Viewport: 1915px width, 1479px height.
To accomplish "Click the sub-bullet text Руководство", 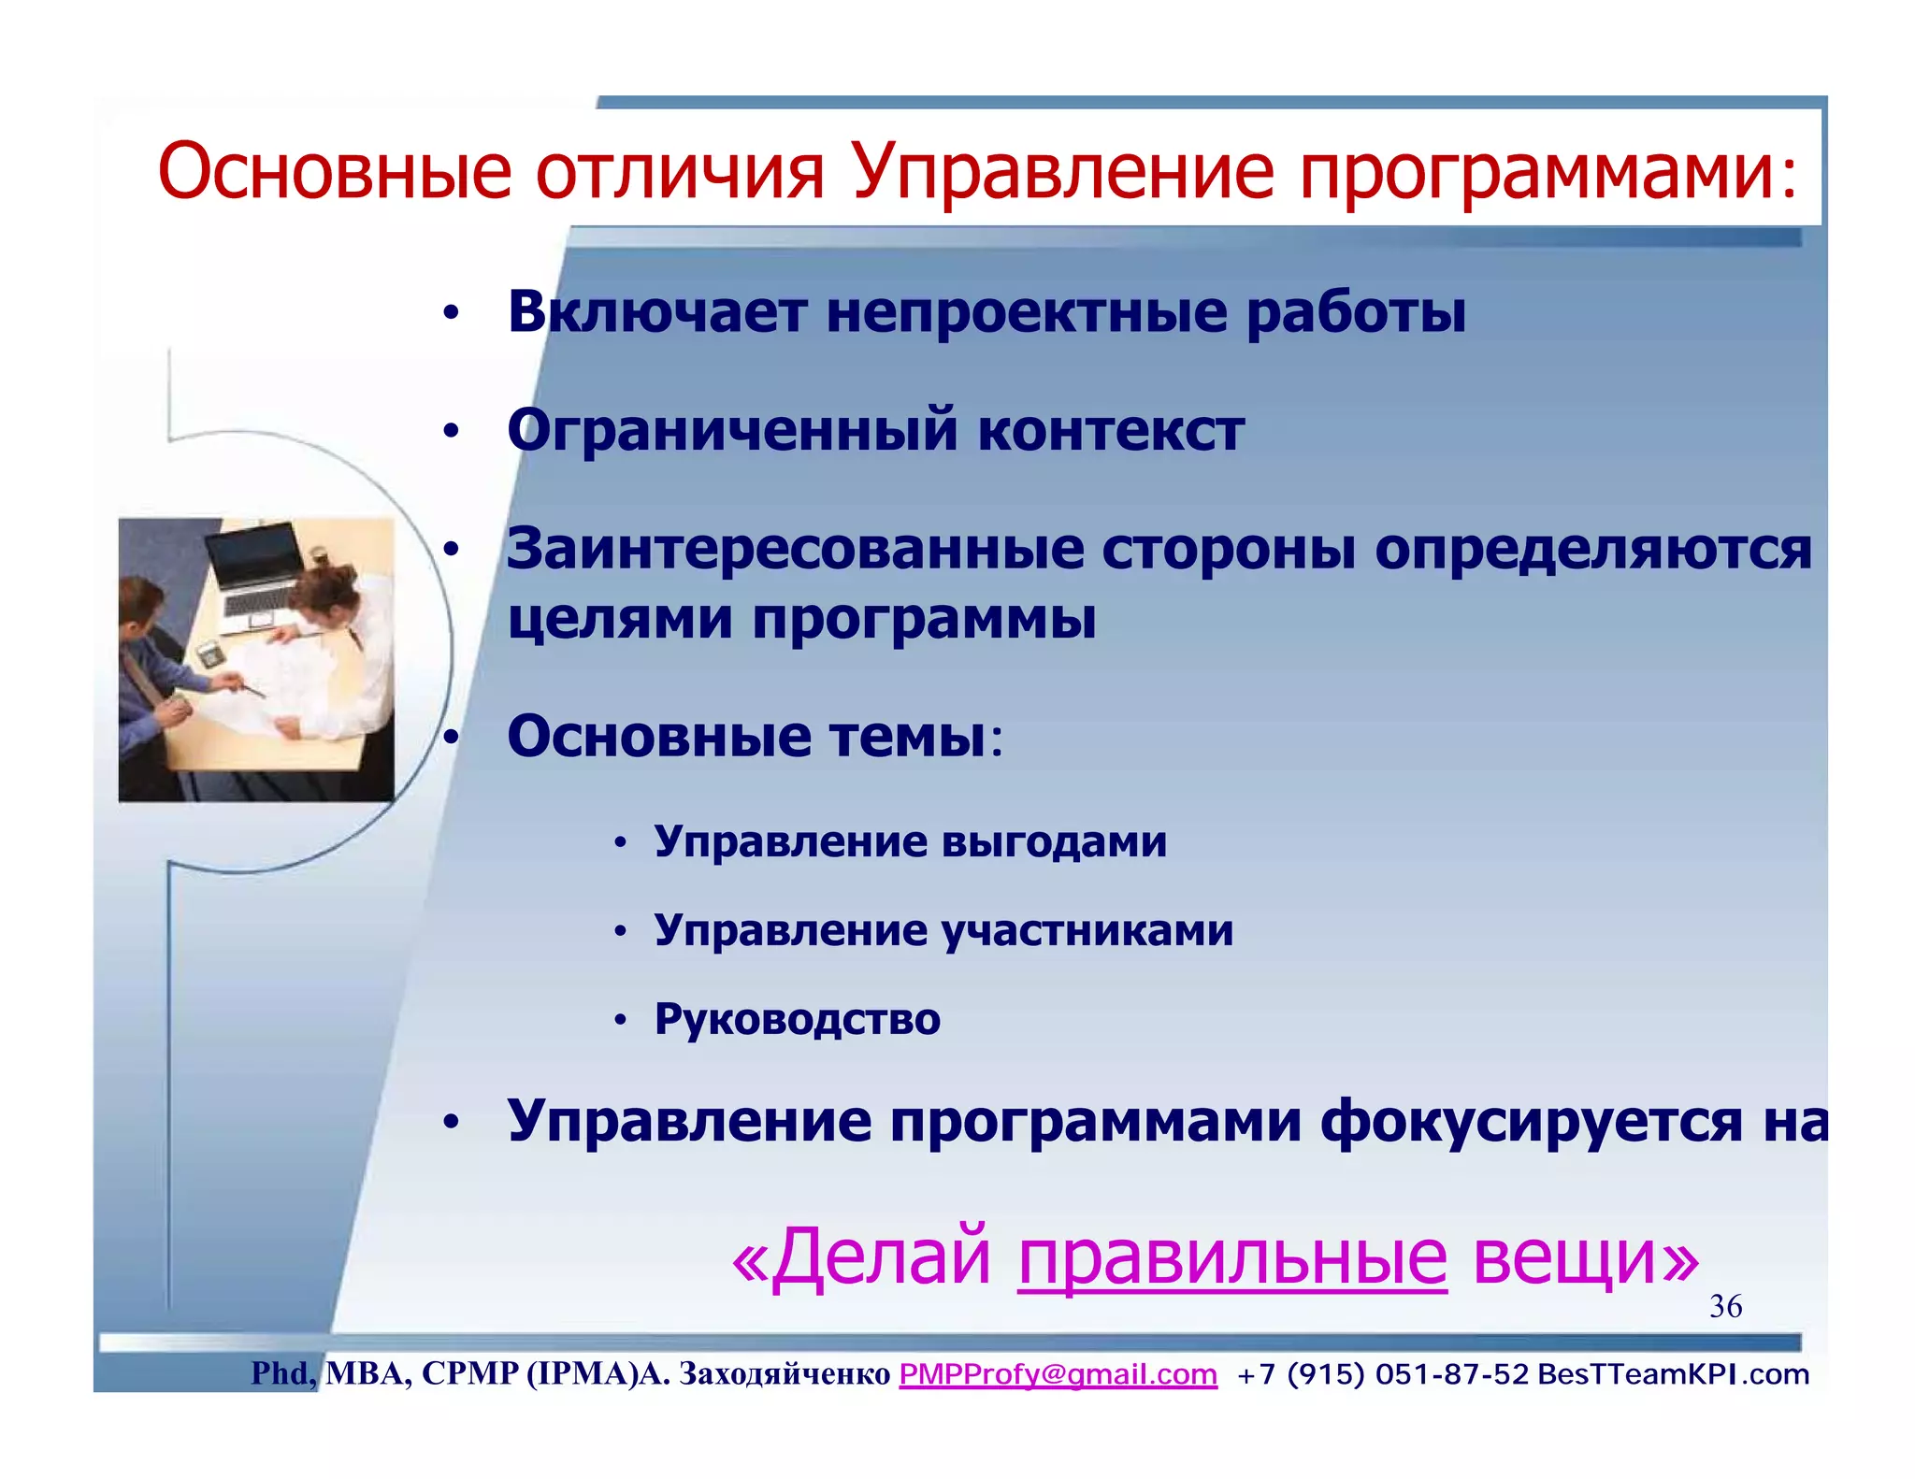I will pyautogui.click(x=797, y=1019).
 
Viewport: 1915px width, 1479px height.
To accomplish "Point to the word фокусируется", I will pyautogui.click(x=1531, y=1121).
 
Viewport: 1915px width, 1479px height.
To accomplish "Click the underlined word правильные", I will pyautogui.click(x=1231, y=1257).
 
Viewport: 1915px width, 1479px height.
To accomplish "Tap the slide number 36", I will pyautogui.click(x=1725, y=1306).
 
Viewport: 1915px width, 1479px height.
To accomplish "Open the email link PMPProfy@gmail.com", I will pyautogui.click(x=1058, y=1374).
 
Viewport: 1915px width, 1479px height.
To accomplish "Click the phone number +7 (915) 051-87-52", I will pyautogui.click(x=1382, y=1374).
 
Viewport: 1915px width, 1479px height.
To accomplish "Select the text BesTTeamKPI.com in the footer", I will pyautogui.click(x=1673, y=1374).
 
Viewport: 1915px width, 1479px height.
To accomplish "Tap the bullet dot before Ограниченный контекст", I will pyautogui.click(x=452, y=432).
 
